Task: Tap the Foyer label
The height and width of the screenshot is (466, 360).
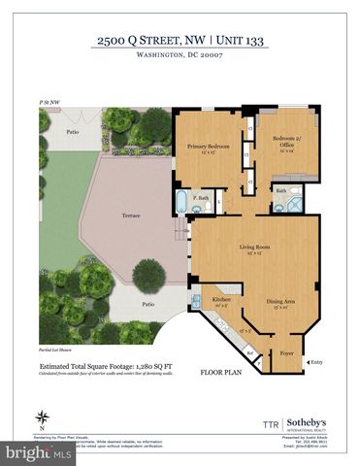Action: (286, 353)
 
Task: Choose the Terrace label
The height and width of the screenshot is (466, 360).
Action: (130, 215)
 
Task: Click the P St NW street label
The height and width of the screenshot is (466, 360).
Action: (50, 101)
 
